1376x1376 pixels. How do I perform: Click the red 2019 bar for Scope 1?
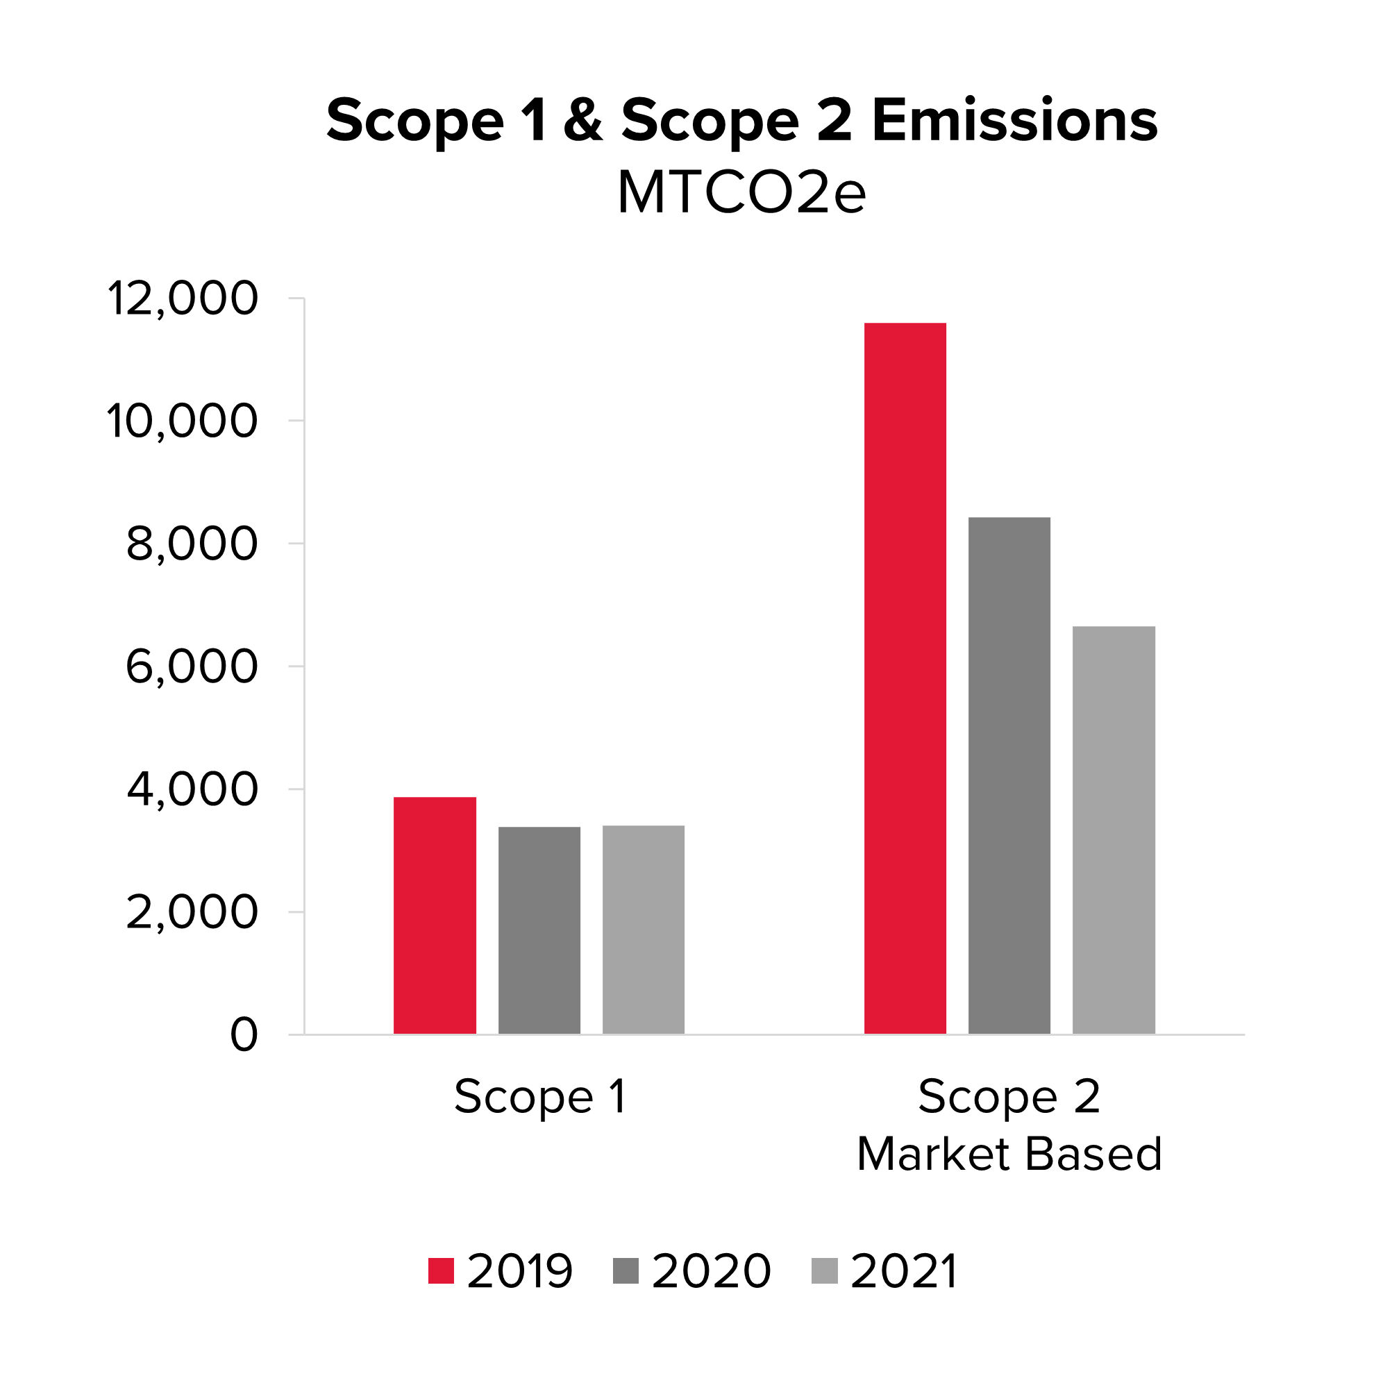(435, 915)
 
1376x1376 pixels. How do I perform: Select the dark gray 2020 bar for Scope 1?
(539, 930)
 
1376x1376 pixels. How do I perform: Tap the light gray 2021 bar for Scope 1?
(643, 930)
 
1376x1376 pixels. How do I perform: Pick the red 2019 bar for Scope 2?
(905, 678)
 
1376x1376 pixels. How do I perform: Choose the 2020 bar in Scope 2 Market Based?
(1009, 775)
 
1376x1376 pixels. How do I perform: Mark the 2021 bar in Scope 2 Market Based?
(1113, 830)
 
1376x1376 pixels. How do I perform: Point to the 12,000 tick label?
(183, 299)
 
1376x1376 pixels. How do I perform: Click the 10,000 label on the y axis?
(183, 421)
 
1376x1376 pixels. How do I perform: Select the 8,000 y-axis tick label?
(192, 544)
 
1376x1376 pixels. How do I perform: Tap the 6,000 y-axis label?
(192, 666)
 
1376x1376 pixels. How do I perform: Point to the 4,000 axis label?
(192, 789)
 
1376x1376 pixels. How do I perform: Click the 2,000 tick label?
(192, 912)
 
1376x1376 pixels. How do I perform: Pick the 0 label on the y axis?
(244, 1035)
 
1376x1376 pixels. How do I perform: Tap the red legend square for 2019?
(441, 1270)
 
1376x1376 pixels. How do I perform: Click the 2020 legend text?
(711, 1270)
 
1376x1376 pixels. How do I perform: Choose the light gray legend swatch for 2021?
(824, 1270)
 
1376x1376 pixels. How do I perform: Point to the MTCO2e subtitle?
(741, 193)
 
